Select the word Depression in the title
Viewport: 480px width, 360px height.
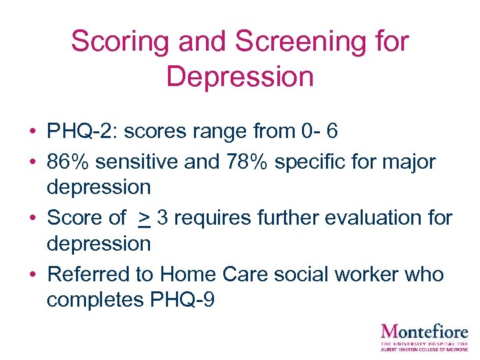click(x=240, y=77)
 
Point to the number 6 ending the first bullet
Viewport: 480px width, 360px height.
click(x=332, y=131)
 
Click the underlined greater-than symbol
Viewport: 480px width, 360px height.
click(x=143, y=218)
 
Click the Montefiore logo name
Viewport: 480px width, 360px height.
click(x=425, y=331)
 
